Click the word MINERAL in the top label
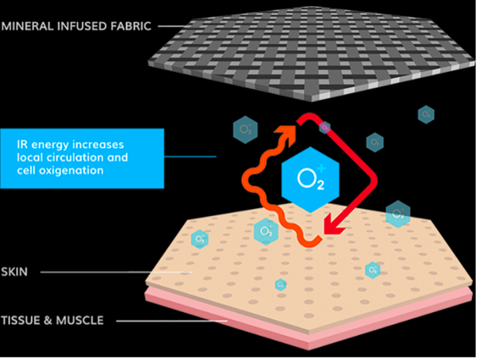click(27, 26)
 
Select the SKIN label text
click(14, 271)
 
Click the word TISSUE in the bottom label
click(21, 321)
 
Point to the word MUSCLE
click(80, 321)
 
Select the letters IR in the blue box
click(22, 145)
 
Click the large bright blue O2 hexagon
click(310, 180)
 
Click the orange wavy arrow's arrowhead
click(288, 135)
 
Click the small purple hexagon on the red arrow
click(325, 127)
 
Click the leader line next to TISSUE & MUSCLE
click(172, 321)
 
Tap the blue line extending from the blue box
click(190, 157)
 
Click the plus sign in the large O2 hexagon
click(322, 168)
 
